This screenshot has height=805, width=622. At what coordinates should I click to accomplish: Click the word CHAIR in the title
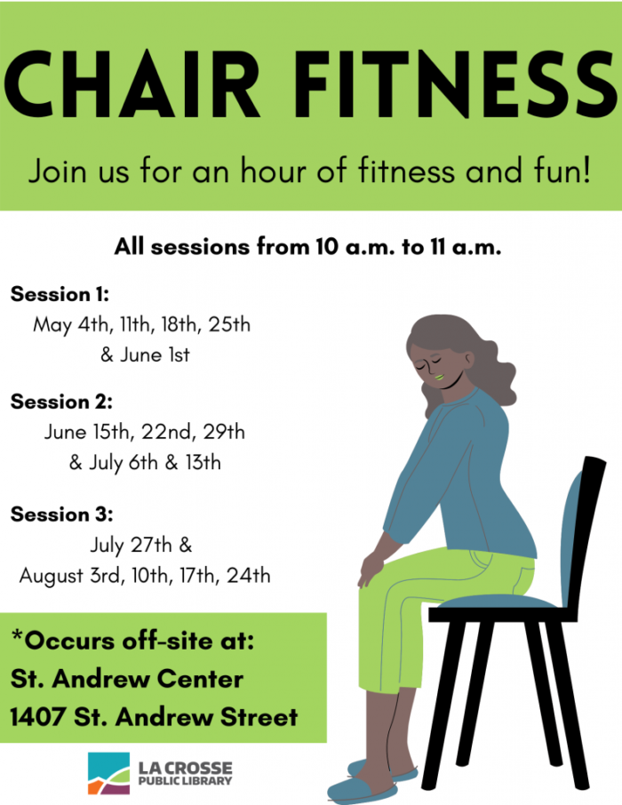132,84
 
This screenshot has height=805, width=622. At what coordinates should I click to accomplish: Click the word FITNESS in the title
456,84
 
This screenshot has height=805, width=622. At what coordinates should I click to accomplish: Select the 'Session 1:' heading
60,294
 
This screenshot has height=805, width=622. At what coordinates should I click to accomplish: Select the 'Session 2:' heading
61,402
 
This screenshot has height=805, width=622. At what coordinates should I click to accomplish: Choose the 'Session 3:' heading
61,514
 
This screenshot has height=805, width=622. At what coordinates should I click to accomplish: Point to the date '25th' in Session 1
229,324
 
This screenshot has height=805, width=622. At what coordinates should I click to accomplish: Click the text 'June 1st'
155,355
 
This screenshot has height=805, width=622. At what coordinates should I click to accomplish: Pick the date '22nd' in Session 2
167,432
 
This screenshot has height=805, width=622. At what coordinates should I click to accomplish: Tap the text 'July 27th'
131,546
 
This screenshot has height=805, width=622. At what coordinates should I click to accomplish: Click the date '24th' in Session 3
249,576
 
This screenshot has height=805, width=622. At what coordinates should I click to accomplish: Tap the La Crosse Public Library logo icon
109,773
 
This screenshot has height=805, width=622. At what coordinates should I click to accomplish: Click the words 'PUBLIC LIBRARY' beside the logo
185,781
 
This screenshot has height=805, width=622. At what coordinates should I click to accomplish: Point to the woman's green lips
440,378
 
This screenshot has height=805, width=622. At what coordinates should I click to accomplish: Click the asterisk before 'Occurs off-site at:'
17,636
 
